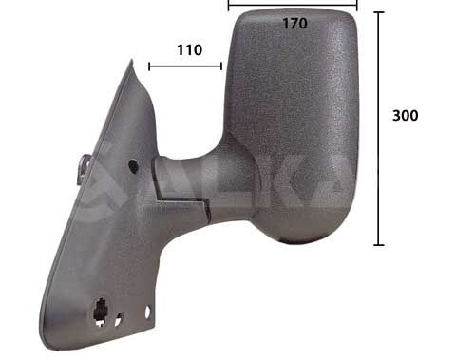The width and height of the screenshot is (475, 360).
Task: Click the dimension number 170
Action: click(294, 24)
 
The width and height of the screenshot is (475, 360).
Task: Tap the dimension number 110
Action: click(189, 49)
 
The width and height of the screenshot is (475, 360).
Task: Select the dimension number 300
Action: click(406, 115)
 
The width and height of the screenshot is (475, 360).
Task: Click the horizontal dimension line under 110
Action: click(185, 66)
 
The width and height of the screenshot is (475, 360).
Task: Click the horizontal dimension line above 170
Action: click(293, 5)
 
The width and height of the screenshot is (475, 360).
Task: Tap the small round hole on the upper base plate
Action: click(132, 166)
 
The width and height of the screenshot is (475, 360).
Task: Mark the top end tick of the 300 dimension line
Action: click(379, 13)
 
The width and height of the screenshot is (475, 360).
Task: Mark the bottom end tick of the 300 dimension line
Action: click(379, 245)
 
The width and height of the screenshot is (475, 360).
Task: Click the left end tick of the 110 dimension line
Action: click(149, 66)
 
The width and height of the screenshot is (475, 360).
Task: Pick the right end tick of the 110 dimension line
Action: click(221, 66)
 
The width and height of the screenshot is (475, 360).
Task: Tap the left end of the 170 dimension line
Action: click(229, 5)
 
